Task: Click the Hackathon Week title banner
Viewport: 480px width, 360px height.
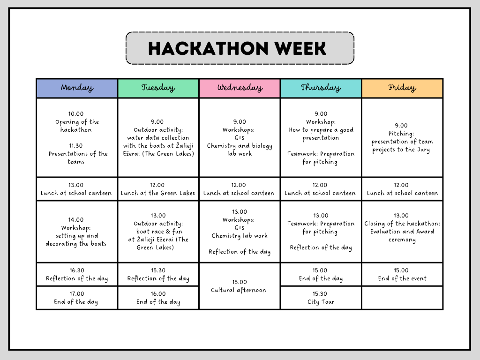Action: (240, 48)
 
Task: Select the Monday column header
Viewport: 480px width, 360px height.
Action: (77, 88)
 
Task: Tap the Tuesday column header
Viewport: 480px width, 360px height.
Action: (158, 88)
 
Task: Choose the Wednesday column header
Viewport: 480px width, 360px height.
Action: (240, 88)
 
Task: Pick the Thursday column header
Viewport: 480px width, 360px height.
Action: (321, 88)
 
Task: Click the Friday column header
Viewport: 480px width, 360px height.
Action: (402, 88)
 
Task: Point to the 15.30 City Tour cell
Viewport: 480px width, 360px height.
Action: (321, 298)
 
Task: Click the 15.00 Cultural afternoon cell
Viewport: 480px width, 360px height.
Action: (240, 286)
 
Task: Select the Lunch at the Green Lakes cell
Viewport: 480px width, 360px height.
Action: (158, 189)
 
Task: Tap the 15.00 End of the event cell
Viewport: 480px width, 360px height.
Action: (402, 275)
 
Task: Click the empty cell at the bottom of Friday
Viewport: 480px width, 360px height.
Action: (402, 298)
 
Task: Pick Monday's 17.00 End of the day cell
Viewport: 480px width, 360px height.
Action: (77, 298)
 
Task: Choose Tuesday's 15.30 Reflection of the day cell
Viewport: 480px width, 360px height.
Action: (158, 275)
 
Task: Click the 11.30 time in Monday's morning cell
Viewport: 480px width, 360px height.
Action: (76, 146)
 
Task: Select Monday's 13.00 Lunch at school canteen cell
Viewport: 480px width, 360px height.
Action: (77, 189)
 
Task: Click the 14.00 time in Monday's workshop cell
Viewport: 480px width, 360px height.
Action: (76, 220)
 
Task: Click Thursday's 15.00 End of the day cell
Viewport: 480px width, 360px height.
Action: (321, 275)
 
